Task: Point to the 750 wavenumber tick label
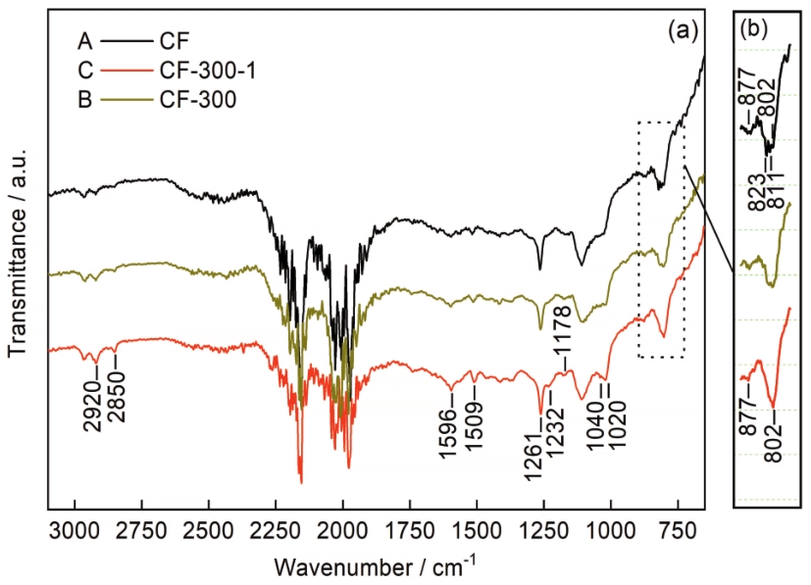[678, 530]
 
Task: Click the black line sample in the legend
[125, 43]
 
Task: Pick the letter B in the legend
[84, 98]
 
